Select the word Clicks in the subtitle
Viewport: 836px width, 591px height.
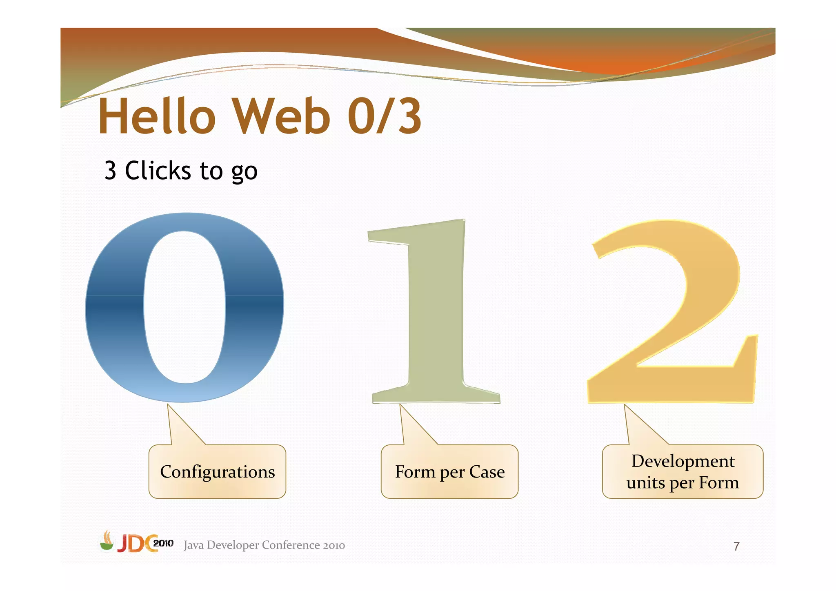[x=158, y=170]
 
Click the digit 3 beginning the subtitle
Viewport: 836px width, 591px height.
[x=110, y=171]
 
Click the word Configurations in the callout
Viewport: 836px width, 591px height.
[x=217, y=472]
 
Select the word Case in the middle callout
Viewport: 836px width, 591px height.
[x=487, y=472]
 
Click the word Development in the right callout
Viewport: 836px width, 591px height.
[x=683, y=461]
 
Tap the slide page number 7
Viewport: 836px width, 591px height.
[x=736, y=546]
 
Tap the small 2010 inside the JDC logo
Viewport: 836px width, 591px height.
[x=163, y=543]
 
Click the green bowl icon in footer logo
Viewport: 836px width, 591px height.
[x=107, y=543]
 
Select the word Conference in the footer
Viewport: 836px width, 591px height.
[x=291, y=545]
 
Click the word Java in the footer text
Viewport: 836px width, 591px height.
[x=194, y=545]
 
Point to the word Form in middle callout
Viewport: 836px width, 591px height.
[x=415, y=472]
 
